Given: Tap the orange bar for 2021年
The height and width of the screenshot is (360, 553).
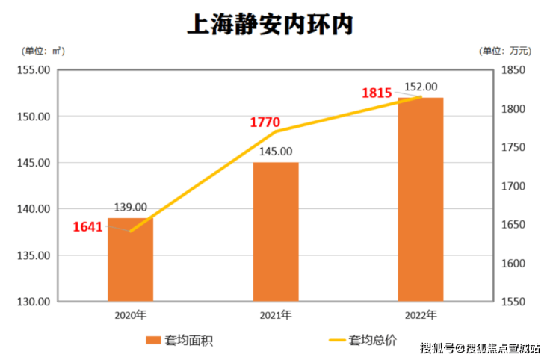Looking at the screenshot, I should point(275,232).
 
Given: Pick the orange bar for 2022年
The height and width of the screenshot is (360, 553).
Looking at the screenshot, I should point(421,199).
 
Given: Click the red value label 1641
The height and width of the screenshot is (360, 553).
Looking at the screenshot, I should point(87,226).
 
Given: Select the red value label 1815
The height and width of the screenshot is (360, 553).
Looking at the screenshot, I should point(377,93).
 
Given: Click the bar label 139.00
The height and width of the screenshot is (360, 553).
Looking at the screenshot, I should point(130,208).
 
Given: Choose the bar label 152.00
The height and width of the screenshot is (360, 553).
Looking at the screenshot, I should point(421,87).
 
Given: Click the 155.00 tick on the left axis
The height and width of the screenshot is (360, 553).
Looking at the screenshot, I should point(34,70).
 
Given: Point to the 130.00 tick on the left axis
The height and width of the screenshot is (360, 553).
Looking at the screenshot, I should point(34,302).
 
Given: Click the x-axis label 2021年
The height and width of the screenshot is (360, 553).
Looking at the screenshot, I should point(276,314).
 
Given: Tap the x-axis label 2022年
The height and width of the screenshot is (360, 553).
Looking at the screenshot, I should point(421,314).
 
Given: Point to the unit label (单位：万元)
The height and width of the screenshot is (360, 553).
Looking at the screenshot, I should point(505,51).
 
